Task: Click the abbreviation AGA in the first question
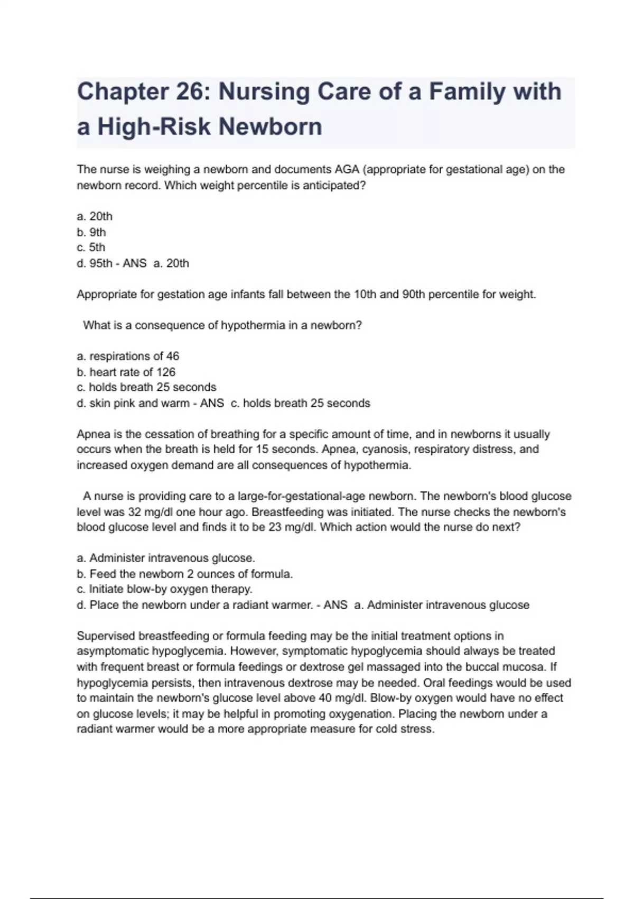[x=347, y=170]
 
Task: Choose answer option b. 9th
[x=91, y=232]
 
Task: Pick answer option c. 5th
[x=91, y=247]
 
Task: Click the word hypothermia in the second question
[x=253, y=325]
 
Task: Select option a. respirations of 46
[x=128, y=356]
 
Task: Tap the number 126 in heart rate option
[x=165, y=372]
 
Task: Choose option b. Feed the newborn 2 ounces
[x=184, y=574]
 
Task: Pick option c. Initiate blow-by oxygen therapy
[x=164, y=589]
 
